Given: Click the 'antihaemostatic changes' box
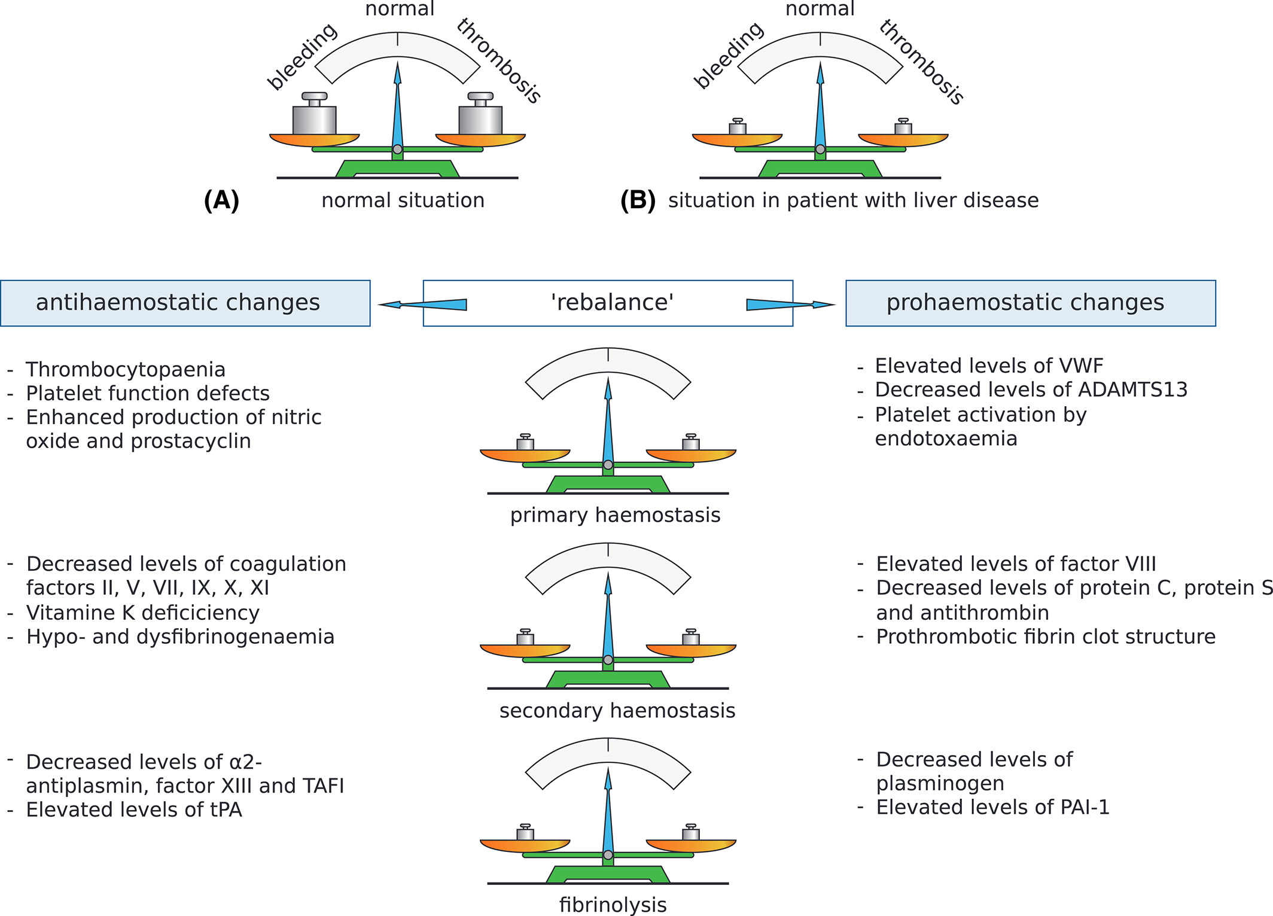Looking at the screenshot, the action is coord(185,303).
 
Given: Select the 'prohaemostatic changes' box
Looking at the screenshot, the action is coord(1030,303).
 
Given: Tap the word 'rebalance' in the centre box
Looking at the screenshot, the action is coord(612,303).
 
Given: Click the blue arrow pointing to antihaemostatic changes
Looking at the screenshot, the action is coord(422,305).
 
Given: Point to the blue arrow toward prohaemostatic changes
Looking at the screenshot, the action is coord(791,305).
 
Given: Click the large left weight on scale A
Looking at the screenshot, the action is coord(314,114).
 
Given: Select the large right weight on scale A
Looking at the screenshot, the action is coord(480,114).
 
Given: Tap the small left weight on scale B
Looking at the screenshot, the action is coord(738,126).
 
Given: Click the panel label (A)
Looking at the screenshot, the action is coord(221,200).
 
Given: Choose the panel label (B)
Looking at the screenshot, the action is coord(638,200).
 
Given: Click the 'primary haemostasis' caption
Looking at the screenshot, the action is coord(615,515).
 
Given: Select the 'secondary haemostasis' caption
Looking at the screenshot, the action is coord(617,711).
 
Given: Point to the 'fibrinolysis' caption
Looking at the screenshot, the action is coord(613,905).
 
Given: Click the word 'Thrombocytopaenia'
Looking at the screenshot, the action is coord(126,370).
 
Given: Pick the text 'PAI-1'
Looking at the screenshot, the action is coord(1085,808).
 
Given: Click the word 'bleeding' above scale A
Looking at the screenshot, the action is coord(303,57).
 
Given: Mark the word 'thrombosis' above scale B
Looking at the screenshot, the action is coord(922,62).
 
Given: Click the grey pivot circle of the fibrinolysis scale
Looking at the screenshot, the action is coord(608,855).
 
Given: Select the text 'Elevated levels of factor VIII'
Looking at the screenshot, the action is coord(1016,564).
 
